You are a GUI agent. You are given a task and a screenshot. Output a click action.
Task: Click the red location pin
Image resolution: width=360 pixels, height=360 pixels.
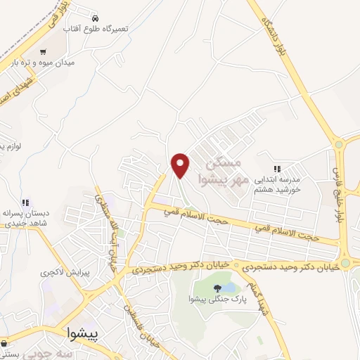[181, 165]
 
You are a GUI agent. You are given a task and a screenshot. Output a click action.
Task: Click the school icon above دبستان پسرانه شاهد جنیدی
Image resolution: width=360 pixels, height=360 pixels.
[25, 202]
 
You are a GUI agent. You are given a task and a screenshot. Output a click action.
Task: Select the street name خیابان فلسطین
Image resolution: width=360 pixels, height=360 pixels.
[146, 325]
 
